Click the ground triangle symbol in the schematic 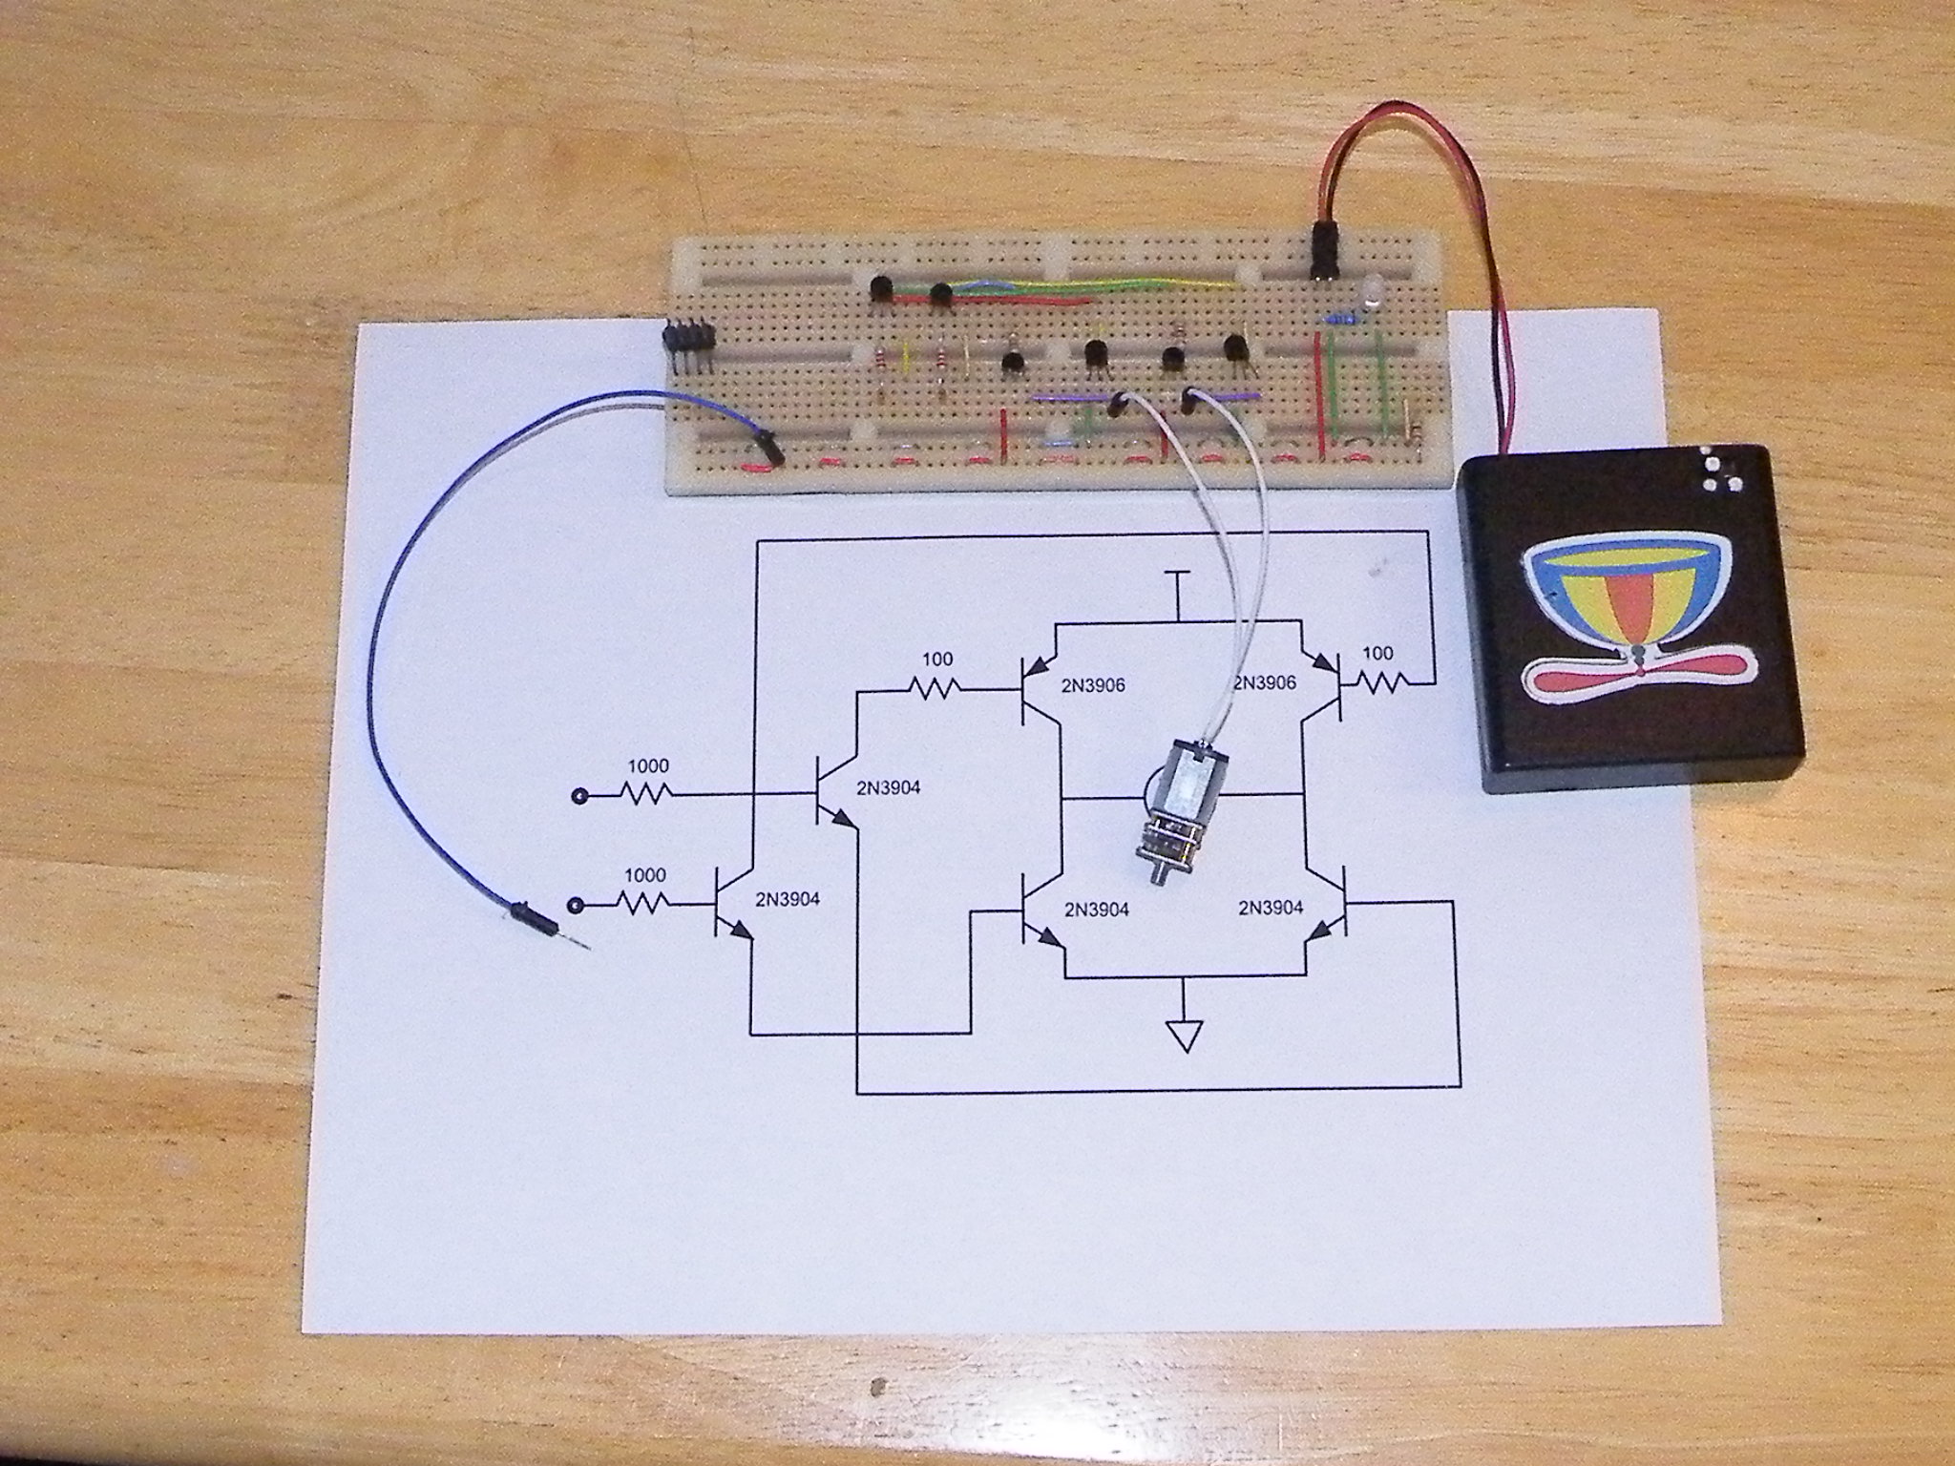(x=1184, y=1032)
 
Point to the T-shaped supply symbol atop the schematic (x=1179, y=576)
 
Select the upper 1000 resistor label (x=647, y=766)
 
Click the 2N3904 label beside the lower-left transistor (x=787, y=898)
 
